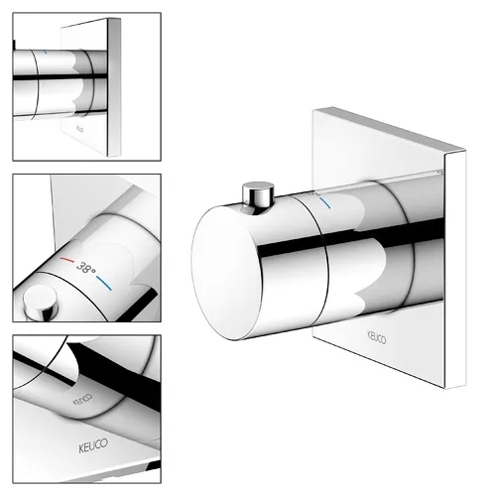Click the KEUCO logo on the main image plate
tap(377, 337)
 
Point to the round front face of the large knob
tap(225, 273)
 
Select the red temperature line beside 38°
tap(67, 261)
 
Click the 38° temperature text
tap(86, 267)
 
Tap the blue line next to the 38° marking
tap(104, 284)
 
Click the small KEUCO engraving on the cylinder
tap(82, 399)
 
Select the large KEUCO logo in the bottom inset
tap(93, 445)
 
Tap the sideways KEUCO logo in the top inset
tap(78, 129)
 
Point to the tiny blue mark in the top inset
tap(46, 52)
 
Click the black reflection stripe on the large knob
tap(350, 237)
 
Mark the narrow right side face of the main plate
tap(455, 270)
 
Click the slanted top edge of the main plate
tap(389, 130)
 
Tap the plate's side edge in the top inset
tap(114, 87)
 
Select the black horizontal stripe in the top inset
tap(60, 77)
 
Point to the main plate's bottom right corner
tap(465, 388)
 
